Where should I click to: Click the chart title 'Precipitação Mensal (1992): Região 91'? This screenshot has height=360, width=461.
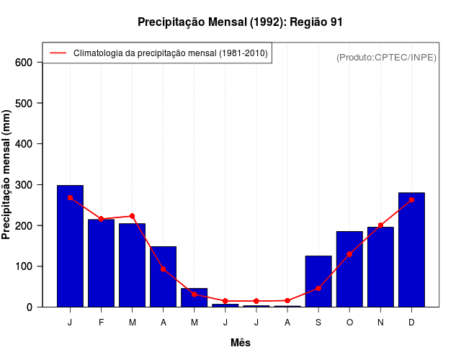pos(240,22)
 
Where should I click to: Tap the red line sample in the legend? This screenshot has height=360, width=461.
pos(58,53)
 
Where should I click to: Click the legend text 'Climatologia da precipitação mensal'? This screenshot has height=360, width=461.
pos(170,53)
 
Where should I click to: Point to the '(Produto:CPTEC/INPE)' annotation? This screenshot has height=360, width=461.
pos(386,57)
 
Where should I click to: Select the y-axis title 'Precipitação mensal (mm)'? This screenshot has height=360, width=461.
pos(7,174)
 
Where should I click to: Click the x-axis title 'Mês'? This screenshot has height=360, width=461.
pos(241,343)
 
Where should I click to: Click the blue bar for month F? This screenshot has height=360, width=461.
pos(101,263)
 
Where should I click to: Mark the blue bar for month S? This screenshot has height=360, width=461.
pos(318,281)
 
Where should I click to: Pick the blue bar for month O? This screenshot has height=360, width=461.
pos(349,269)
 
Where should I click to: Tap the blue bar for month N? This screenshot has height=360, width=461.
pos(380,266)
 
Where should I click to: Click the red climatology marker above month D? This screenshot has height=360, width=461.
pos(411,200)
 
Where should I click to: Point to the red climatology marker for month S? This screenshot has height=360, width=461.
pos(318,288)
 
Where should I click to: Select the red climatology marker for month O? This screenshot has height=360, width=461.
pos(349,254)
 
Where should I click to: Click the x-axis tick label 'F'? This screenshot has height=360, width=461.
pos(101,323)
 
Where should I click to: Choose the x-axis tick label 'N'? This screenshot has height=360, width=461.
pos(380,323)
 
